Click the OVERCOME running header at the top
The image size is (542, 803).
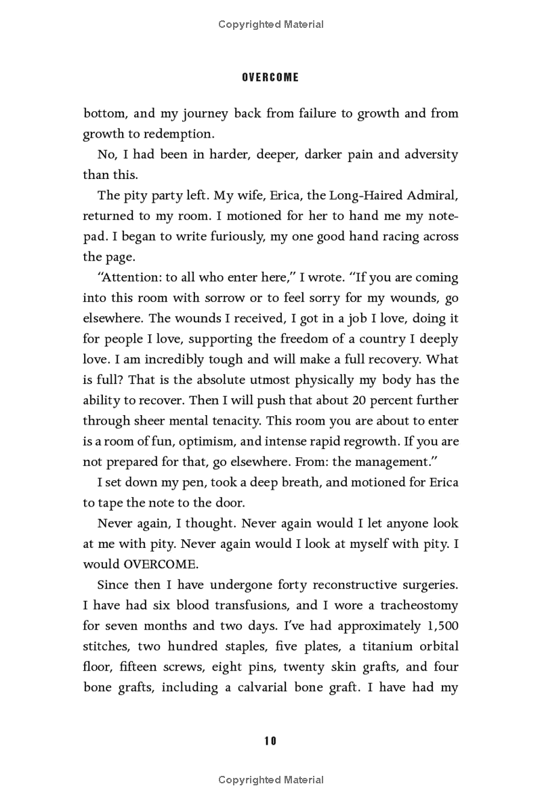(x=270, y=77)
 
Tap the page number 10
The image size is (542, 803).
(x=270, y=741)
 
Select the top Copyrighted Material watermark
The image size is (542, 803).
(x=271, y=24)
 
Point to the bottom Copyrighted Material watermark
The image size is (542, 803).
(x=271, y=780)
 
